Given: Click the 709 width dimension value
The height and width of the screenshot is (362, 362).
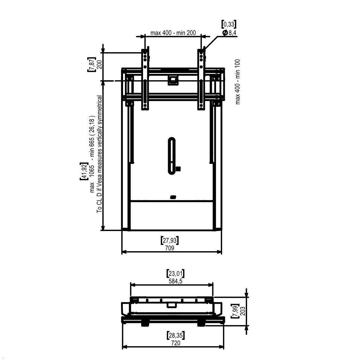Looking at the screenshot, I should [169, 248].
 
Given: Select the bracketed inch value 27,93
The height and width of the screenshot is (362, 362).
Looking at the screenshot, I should [169, 241].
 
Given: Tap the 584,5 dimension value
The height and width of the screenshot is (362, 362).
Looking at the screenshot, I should [176, 281].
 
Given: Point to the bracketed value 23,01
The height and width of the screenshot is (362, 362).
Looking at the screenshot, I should [176, 274].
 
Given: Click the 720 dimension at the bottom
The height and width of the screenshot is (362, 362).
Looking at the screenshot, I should [176, 343].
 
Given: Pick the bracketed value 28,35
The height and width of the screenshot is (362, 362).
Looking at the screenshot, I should [176, 335].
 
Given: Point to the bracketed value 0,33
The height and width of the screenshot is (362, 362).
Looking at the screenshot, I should [229, 24].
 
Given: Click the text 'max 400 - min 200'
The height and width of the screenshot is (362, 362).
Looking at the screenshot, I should [173, 33].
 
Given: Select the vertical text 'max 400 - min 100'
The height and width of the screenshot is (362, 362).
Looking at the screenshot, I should [238, 82].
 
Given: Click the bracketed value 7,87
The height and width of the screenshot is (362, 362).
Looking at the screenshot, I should [91, 64].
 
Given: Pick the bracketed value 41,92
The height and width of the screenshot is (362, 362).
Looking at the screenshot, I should [84, 171].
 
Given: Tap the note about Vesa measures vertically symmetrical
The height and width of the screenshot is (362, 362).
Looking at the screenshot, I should [99, 154].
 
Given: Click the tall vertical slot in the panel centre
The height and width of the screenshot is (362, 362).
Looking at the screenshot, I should [171, 156].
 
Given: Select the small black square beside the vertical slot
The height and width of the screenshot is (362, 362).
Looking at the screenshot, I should [178, 169].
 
